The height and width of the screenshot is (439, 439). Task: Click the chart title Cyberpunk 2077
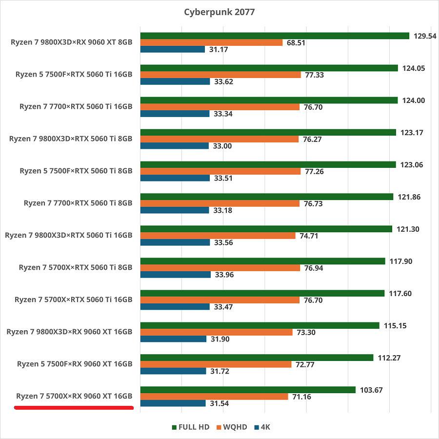219,12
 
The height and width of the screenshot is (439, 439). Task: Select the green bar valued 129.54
274,36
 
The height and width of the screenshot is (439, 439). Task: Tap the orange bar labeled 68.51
211,42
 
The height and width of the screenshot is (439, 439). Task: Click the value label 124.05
414,68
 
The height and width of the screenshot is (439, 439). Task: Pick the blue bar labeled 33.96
175,275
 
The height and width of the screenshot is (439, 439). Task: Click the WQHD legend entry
233,427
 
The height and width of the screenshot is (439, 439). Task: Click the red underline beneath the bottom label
74,408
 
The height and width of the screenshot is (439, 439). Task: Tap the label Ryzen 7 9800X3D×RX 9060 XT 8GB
71,42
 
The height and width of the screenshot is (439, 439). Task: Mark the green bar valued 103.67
248,390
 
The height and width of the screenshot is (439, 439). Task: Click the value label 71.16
302,397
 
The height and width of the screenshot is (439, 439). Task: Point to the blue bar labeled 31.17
172,49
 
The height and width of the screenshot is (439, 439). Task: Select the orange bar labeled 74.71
218,236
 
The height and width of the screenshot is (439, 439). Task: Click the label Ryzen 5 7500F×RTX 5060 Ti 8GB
76,171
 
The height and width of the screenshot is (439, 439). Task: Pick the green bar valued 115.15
259,325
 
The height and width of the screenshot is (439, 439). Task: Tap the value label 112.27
389,358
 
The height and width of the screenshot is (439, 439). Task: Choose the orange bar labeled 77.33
220,75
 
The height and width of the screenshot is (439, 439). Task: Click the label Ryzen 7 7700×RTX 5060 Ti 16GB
76,106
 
